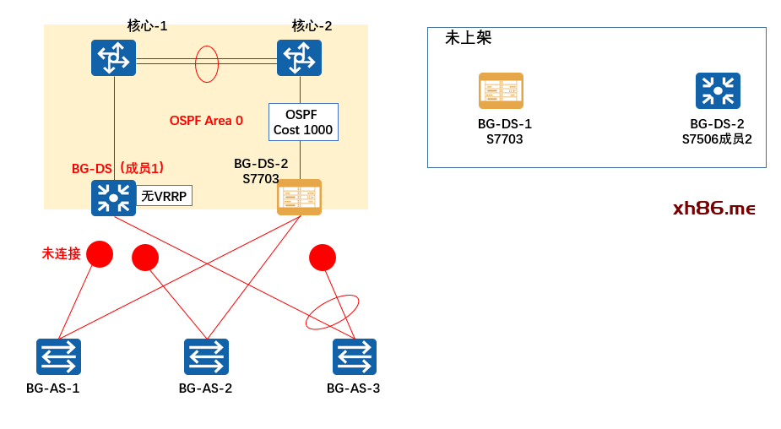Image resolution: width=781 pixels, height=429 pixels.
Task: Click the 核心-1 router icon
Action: (113, 57)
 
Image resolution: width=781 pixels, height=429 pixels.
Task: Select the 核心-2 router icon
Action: (299, 57)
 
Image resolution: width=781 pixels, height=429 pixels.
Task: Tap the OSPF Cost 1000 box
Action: (303, 122)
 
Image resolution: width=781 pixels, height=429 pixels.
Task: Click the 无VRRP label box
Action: (165, 196)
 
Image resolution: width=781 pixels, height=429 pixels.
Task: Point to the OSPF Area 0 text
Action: (206, 121)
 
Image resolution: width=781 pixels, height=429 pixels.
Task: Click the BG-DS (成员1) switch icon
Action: (113, 198)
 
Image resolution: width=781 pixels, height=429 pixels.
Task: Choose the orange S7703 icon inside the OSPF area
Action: (299, 197)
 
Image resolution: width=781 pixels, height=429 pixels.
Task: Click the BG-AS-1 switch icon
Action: (58, 356)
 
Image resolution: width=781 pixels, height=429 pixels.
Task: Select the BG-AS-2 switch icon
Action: (206, 356)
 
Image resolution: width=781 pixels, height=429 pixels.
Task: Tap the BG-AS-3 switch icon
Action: (355, 356)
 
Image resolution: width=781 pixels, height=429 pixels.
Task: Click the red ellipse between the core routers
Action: (207, 64)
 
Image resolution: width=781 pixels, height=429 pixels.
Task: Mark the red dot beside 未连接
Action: (100, 254)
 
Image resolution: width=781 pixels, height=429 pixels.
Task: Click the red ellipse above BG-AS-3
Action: (332, 312)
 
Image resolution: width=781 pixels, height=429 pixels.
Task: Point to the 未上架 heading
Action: (468, 38)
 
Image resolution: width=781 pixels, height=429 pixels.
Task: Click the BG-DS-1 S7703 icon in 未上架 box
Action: (501, 90)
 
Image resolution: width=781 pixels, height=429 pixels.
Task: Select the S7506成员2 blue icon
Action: (718, 90)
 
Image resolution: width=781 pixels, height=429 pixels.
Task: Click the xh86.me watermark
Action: (713, 209)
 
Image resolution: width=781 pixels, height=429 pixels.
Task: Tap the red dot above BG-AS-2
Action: (145, 258)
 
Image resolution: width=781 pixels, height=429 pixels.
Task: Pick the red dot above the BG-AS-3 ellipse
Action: (323, 258)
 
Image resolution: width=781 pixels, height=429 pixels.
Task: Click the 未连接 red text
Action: (62, 253)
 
